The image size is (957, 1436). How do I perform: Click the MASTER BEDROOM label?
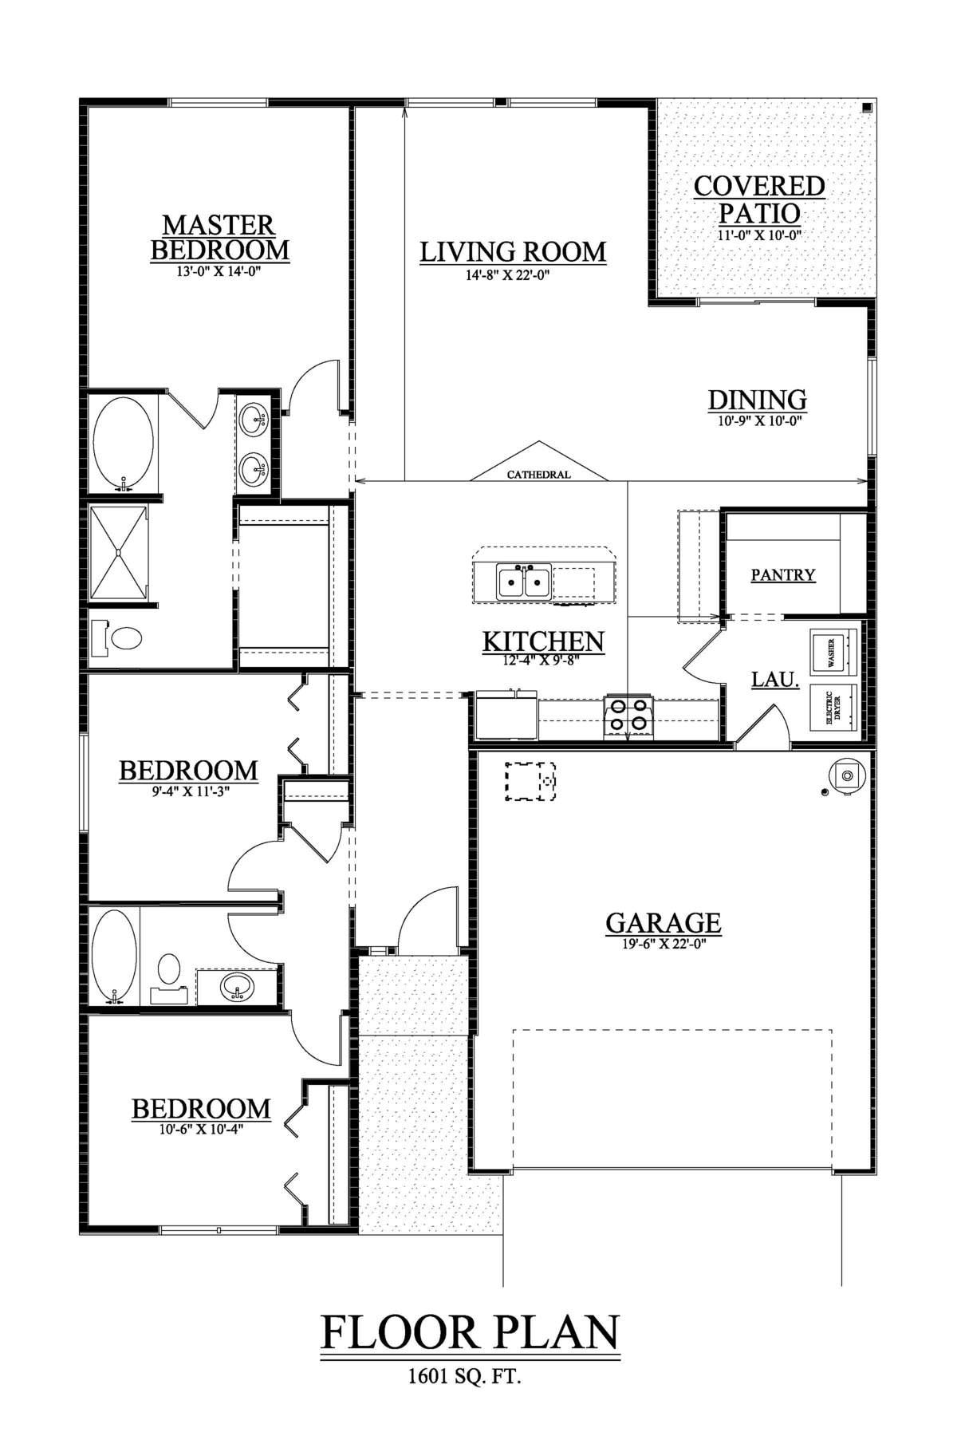click(219, 238)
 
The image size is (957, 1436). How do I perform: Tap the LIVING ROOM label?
click(513, 252)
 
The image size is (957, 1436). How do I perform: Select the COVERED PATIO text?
click(758, 199)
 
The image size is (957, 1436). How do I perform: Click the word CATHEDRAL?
click(539, 475)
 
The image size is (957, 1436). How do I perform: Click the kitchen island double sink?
click(524, 582)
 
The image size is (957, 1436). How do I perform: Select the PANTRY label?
click(783, 574)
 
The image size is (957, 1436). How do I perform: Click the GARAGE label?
click(664, 923)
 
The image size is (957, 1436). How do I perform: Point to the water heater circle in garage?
click(846, 775)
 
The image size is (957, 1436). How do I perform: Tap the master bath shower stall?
click(119, 551)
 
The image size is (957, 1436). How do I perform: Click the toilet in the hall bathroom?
click(168, 972)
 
